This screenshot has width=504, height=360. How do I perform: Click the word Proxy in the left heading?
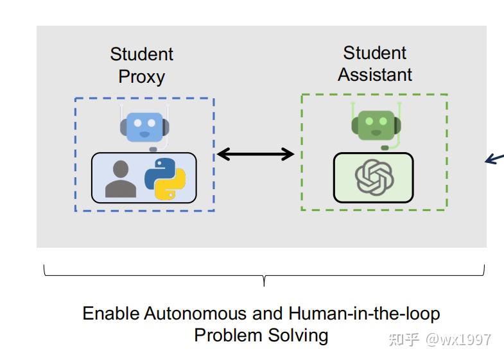click(141, 76)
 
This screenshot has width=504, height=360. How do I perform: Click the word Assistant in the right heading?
click(375, 74)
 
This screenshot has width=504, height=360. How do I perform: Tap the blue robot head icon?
click(144, 126)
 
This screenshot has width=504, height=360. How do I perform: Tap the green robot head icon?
click(376, 124)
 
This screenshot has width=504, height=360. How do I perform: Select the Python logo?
click(165, 178)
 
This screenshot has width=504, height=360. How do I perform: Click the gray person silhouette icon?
click(121, 179)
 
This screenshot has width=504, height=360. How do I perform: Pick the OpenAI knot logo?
click(374, 176)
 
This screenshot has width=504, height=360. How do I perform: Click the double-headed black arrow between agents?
click(256, 154)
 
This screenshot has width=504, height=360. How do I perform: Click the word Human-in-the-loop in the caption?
click(364, 314)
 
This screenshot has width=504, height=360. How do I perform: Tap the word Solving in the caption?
click(297, 335)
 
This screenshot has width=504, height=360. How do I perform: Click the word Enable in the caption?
click(110, 314)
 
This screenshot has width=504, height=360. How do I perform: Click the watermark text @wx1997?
click(458, 339)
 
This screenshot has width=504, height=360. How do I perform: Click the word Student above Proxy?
click(141, 55)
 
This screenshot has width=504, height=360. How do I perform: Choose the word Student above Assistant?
click(375, 53)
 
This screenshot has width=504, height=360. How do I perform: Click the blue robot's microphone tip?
click(153, 149)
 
